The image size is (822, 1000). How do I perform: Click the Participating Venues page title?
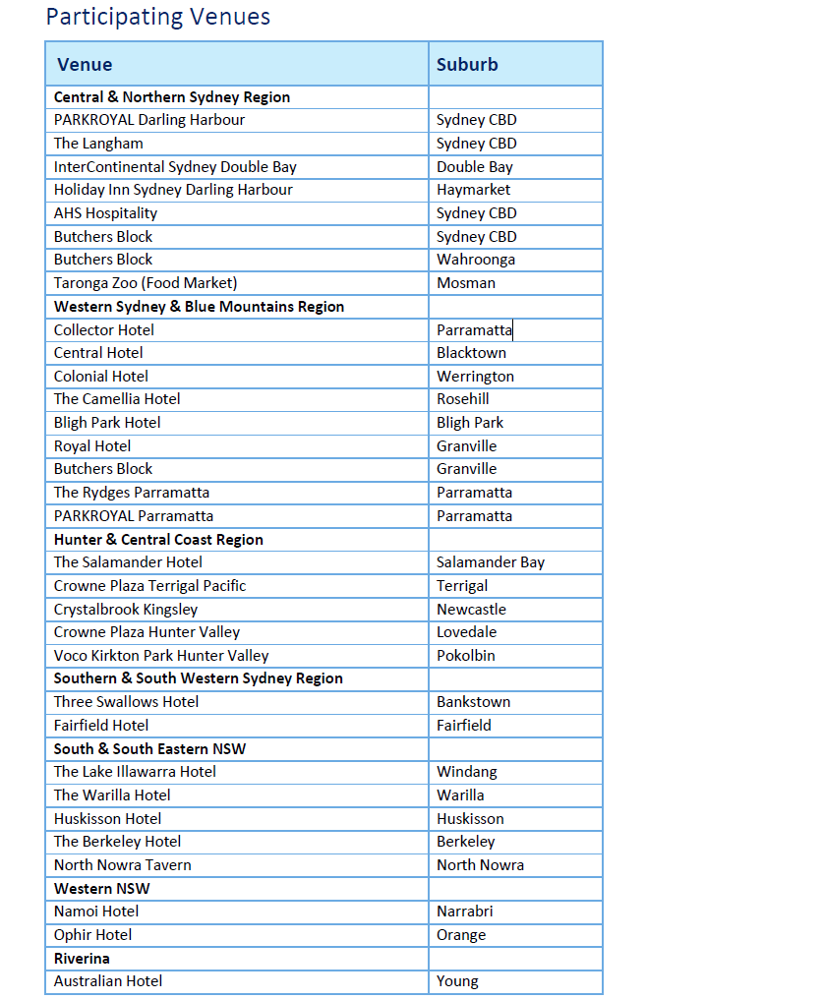[157, 17]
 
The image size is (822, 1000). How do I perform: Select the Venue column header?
[85, 65]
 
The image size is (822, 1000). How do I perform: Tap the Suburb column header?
[467, 65]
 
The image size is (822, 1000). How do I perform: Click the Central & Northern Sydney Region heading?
[172, 97]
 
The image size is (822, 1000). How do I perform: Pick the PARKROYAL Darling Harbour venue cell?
[149, 120]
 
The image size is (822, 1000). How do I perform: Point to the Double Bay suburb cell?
[475, 167]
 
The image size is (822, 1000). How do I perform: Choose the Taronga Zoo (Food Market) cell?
[146, 283]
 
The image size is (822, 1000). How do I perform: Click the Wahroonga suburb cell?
[476, 260]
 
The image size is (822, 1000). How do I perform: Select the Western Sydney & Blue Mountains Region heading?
[199, 307]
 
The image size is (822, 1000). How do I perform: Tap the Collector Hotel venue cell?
[104, 330]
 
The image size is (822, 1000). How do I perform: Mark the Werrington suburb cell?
[475, 377]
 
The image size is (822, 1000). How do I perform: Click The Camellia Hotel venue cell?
[117, 399]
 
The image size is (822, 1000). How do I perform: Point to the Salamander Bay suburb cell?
[491, 562]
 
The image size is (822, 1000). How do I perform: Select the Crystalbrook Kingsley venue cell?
[126, 610]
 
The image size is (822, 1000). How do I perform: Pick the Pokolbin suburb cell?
[466, 656]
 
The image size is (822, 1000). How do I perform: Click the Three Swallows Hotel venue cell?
[126, 702]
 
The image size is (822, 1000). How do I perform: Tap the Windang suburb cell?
[467, 772]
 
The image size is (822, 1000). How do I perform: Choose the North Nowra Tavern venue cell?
[123, 865]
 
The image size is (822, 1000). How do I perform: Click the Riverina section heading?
[82, 959]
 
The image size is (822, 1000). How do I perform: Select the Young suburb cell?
[457, 981]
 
